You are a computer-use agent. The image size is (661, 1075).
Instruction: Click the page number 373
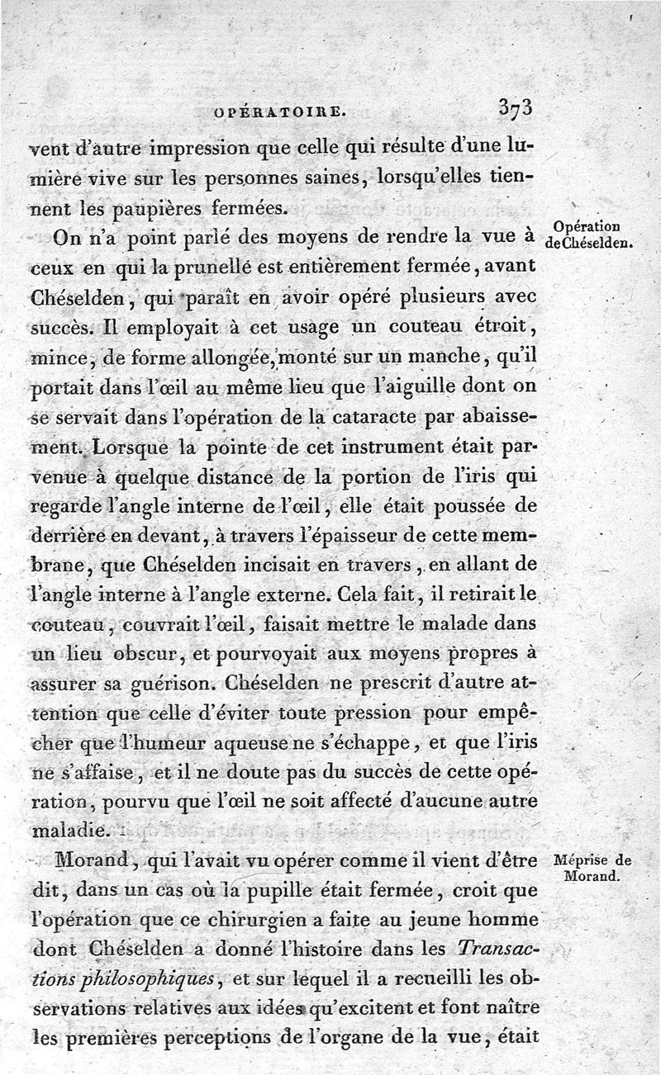(515, 107)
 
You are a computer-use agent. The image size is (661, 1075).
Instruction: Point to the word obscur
(159, 655)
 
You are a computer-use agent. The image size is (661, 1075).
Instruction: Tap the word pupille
(296, 891)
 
